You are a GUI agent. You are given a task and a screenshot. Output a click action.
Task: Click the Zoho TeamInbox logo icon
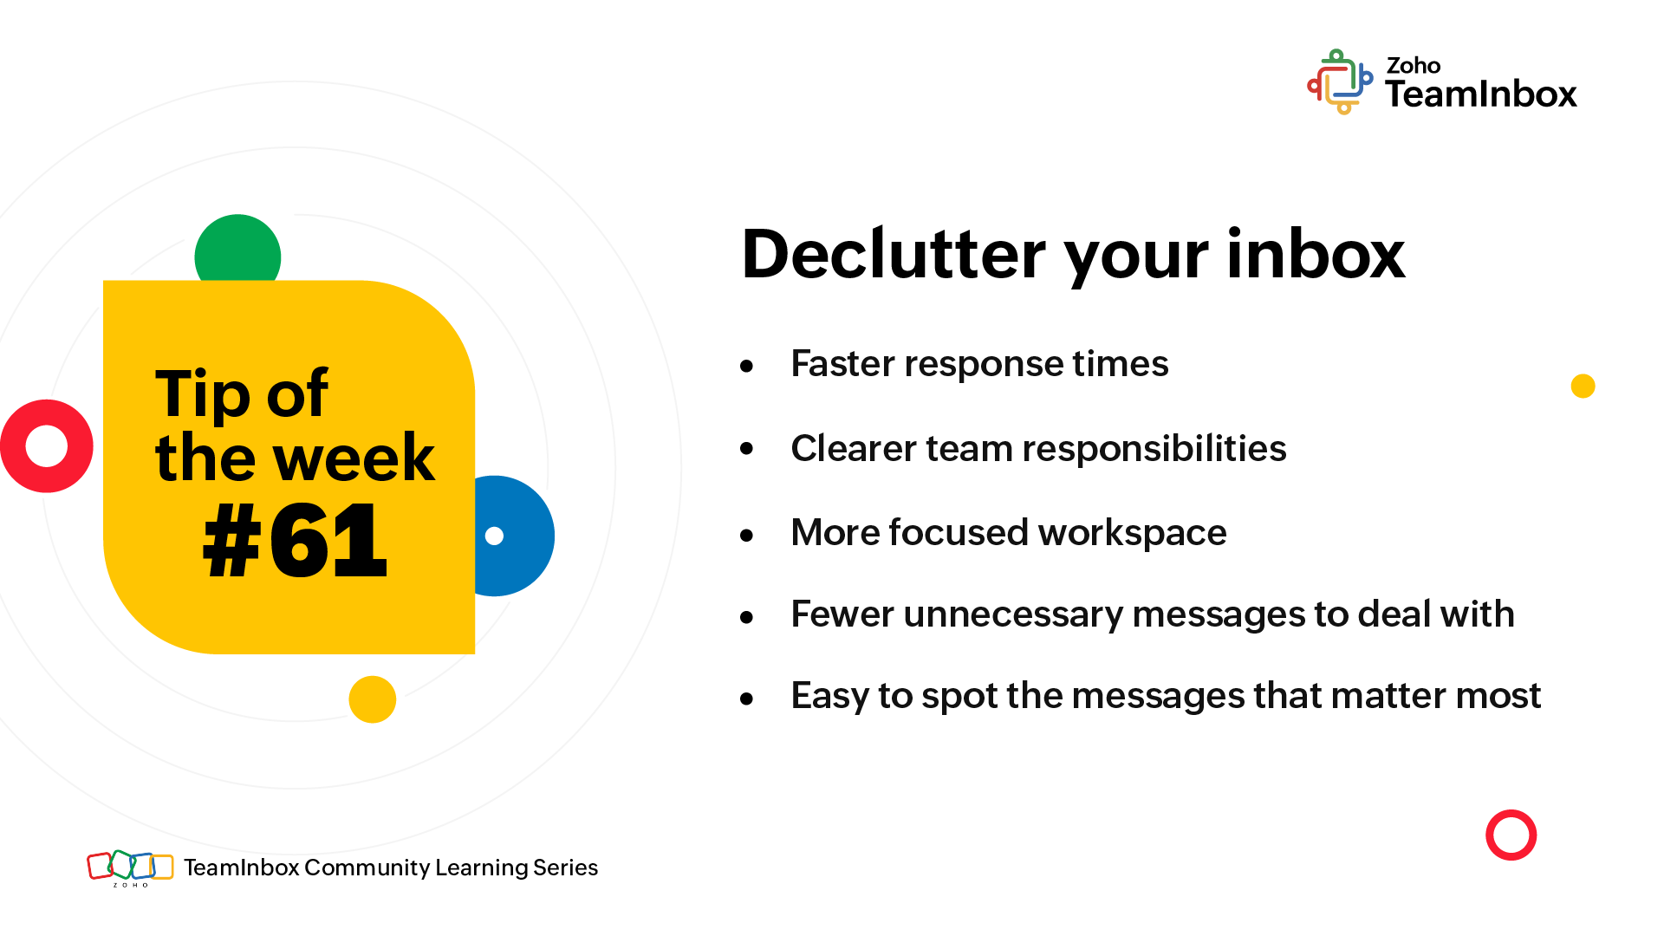1340,81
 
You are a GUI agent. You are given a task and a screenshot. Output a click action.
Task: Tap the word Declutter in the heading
894,255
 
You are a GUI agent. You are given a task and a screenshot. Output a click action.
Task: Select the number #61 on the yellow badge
295,542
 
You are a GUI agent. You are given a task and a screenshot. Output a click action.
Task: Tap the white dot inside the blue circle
494,536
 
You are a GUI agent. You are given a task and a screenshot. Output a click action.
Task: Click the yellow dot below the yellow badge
373,699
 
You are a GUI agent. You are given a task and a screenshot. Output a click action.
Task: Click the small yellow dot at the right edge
1583,386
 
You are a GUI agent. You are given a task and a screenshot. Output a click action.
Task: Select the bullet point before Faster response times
747,367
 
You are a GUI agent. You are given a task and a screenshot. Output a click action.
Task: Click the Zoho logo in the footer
130,868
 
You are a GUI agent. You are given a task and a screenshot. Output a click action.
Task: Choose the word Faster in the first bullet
842,364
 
